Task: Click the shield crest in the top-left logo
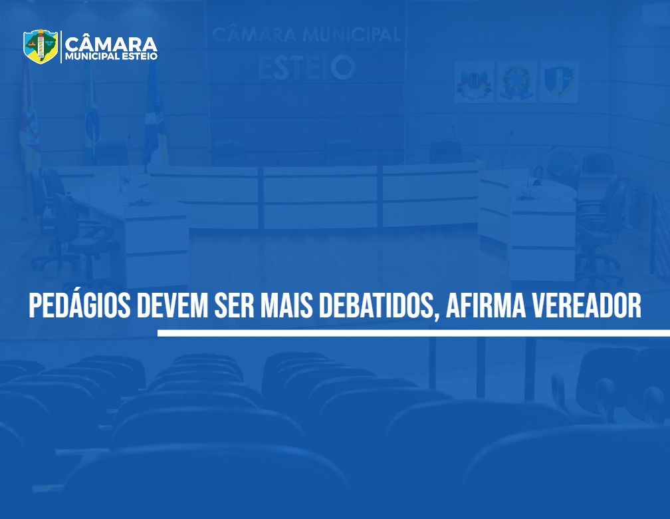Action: coord(41,46)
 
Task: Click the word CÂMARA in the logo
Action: coord(111,45)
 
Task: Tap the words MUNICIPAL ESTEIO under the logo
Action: coord(111,57)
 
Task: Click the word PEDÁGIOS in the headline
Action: coord(80,305)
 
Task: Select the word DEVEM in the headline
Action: coord(172,306)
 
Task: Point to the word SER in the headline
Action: coord(234,306)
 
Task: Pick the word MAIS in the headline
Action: coord(286,306)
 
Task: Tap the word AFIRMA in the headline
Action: coord(486,306)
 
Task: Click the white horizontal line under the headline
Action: coord(413,333)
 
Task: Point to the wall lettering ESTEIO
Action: coord(306,68)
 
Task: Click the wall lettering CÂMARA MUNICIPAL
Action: coord(306,35)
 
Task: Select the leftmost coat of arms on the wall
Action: coord(473,82)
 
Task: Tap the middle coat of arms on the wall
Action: coord(517,82)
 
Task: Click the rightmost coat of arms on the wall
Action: coord(560,82)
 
